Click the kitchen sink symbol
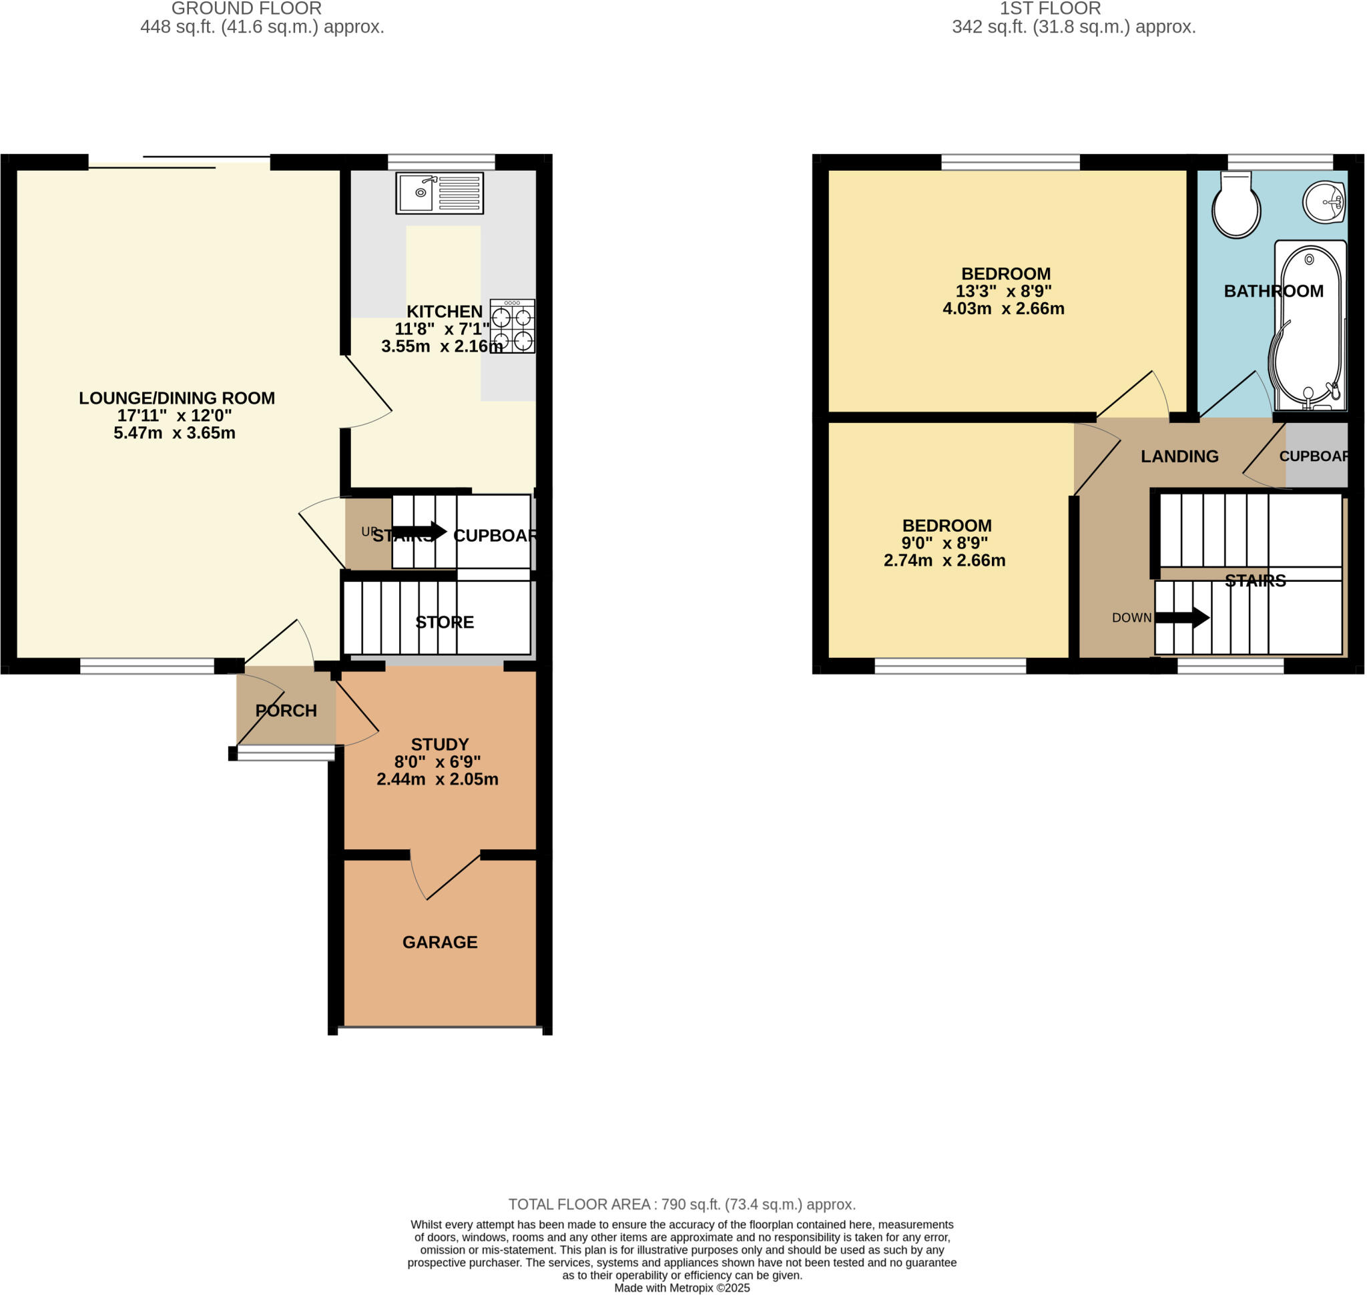(x=439, y=193)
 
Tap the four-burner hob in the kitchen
(x=513, y=326)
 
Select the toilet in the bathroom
(x=1236, y=205)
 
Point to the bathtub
(x=1309, y=324)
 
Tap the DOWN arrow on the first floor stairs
(x=1182, y=617)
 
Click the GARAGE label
(x=440, y=942)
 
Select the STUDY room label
(x=440, y=744)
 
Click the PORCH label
(x=286, y=711)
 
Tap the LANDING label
(x=1179, y=456)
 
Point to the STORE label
(x=444, y=622)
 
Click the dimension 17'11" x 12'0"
(x=175, y=416)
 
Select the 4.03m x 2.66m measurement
(x=1003, y=308)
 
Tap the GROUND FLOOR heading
(x=246, y=9)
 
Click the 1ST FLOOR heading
(x=1050, y=9)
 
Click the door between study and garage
(x=445, y=875)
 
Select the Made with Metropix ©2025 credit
(x=681, y=1288)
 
